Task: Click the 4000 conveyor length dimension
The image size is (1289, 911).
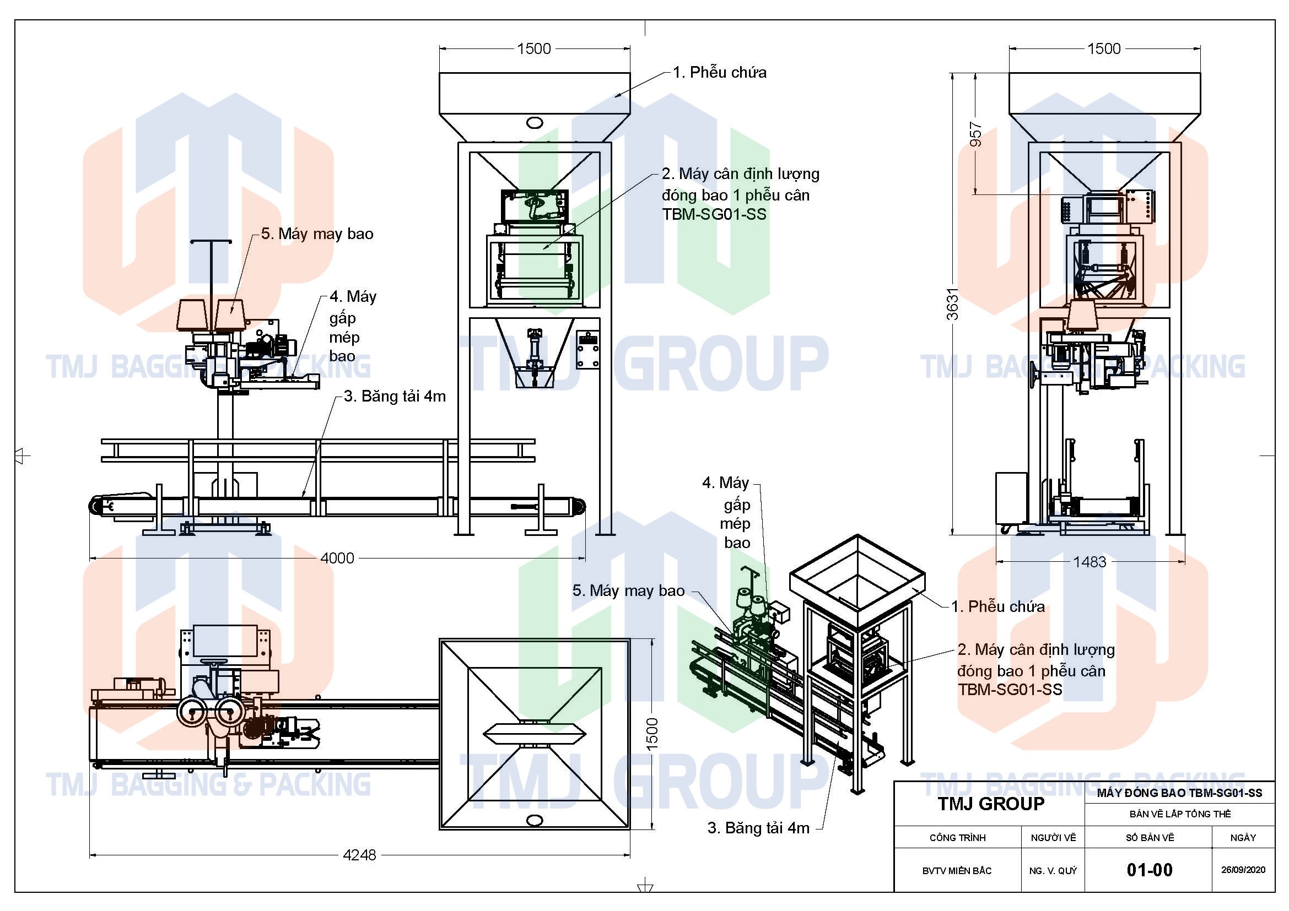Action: (x=337, y=558)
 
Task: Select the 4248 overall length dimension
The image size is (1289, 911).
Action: (x=359, y=855)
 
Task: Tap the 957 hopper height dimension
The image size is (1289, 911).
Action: (x=977, y=134)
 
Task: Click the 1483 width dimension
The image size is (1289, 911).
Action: (x=1089, y=561)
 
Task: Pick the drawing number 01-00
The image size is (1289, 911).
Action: (x=1149, y=870)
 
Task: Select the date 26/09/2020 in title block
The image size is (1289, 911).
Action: (x=1243, y=870)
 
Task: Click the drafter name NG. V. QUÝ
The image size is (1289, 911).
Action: (x=1053, y=871)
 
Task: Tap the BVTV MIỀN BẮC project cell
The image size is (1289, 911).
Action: (x=957, y=871)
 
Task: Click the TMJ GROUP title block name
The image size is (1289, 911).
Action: (x=991, y=804)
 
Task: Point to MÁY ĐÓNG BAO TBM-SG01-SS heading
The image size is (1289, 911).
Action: (x=1179, y=793)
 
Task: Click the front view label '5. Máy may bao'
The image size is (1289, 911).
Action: (x=317, y=234)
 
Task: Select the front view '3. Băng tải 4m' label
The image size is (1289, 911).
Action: (x=395, y=396)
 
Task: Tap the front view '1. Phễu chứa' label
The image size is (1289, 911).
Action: (x=720, y=72)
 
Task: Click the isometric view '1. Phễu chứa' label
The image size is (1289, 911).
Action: (x=997, y=606)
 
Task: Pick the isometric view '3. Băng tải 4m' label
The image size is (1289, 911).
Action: (x=758, y=828)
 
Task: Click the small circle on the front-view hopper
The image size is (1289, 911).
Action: (x=535, y=122)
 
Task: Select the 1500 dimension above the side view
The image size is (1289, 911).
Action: (x=1104, y=49)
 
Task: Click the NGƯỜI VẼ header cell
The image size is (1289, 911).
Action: (x=1053, y=838)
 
